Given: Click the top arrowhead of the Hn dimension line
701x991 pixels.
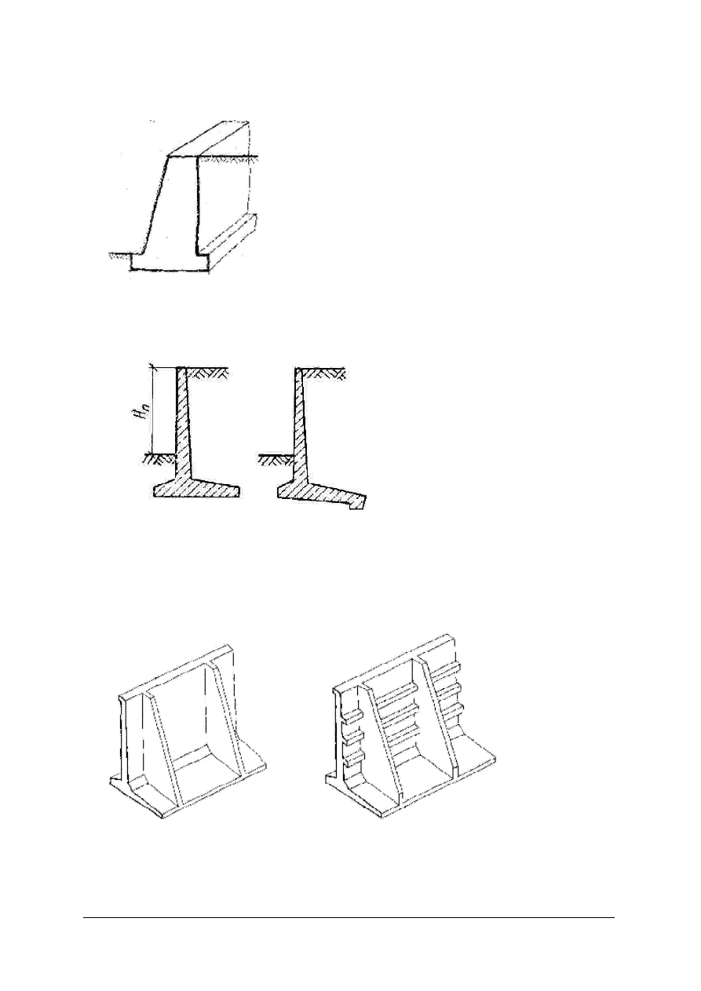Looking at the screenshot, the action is click(x=152, y=366).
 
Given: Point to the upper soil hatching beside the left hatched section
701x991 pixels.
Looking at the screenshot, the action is click(x=206, y=373).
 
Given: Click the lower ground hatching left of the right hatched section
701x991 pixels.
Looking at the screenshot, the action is click(x=276, y=459).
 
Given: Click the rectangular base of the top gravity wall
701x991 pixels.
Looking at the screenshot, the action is click(x=170, y=262).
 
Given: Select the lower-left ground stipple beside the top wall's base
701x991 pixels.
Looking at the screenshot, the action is click(x=119, y=256).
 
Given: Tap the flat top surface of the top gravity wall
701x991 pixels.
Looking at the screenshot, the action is click(x=209, y=139).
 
